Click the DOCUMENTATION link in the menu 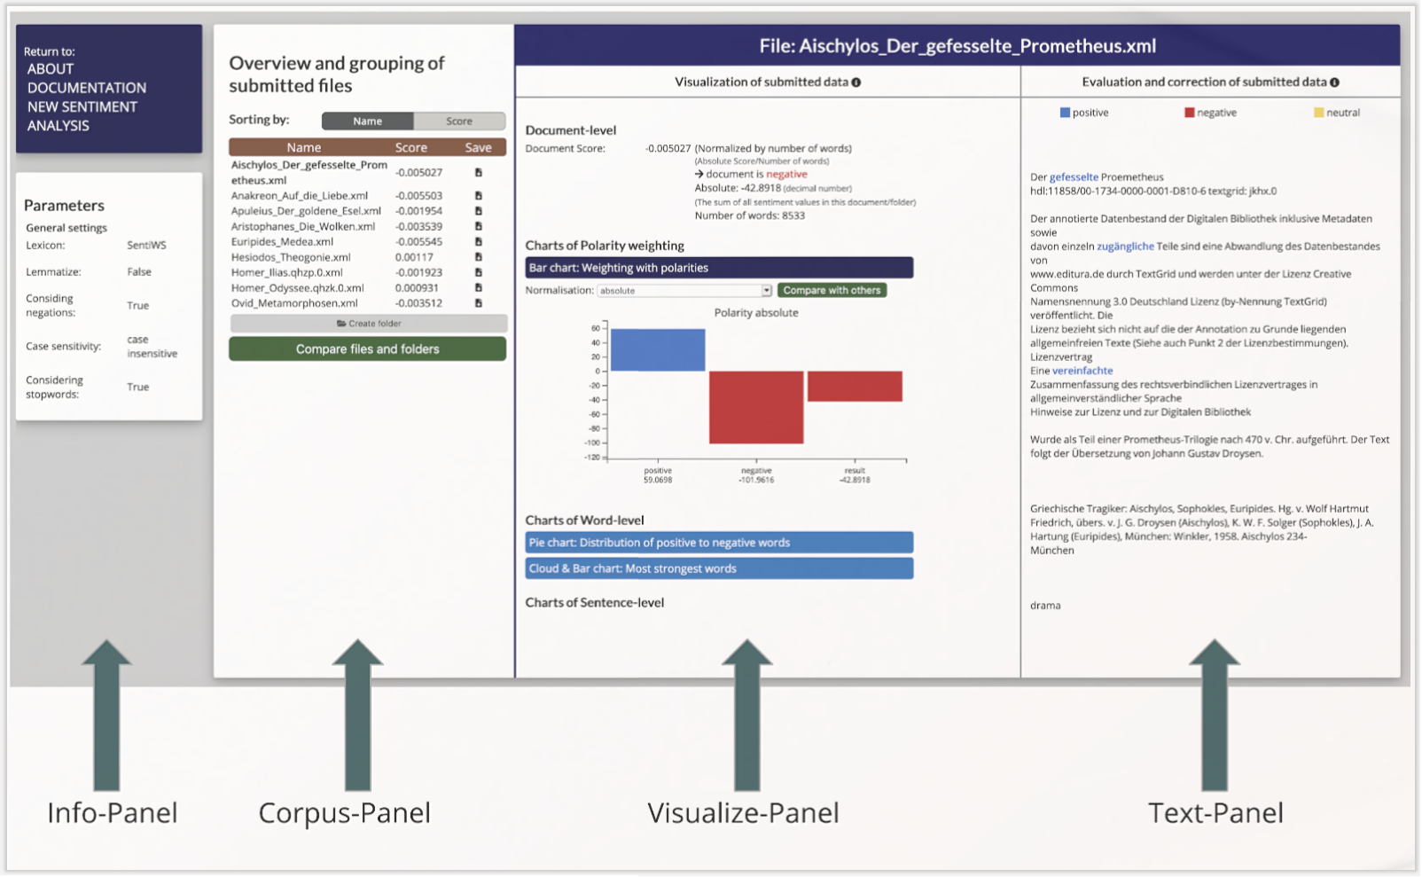tap(86, 88)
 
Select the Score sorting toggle tap(459, 121)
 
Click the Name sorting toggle tap(368, 121)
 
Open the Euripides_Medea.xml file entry tap(282, 241)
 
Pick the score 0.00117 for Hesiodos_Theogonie tap(414, 257)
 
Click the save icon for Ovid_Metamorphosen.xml tap(479, 303)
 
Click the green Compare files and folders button tap(368, 348)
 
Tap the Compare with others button tap(832, 290)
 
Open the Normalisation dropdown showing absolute tap(684, 290)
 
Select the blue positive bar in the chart tap(658, 350)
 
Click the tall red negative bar tap(756, 407)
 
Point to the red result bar tap(855, 386)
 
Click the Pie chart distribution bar tap(719, 543)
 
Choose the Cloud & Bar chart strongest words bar tap(719, 568)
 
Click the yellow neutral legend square tap(1318, 113)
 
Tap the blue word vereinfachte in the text tap(1082, 371)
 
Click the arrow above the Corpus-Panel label tap(357, 715)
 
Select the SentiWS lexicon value tap(146, 245)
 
